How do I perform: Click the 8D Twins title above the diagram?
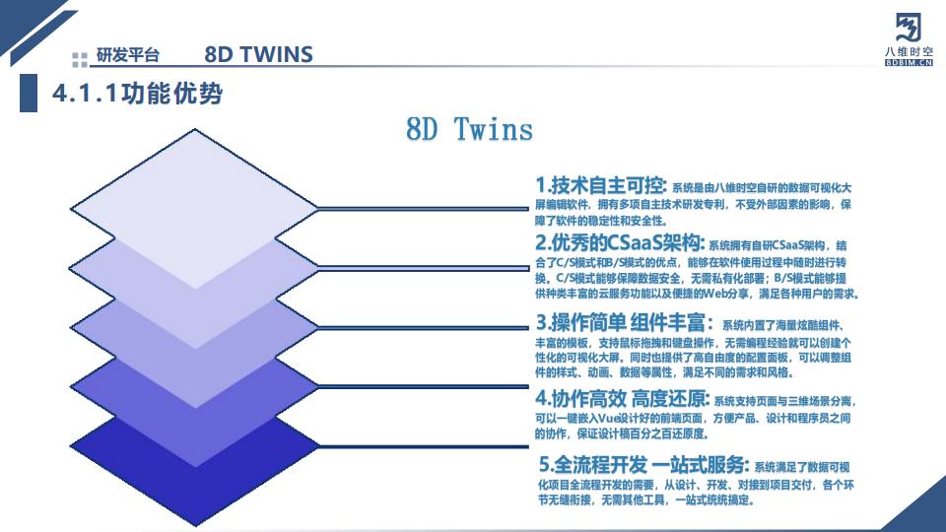pos(469,129)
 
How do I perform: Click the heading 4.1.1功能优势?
pos(137,94)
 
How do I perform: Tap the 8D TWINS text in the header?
pos(258,54)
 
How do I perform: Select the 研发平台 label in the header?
pos(127,56)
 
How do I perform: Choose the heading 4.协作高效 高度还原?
pos(622,399)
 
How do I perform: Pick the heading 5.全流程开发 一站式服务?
pos(644,464)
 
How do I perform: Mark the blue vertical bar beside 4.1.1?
pos(28,94)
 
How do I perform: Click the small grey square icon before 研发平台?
pos(80,56)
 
